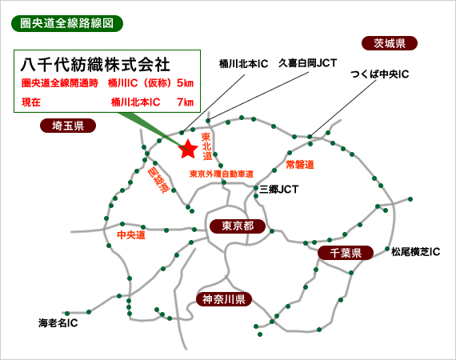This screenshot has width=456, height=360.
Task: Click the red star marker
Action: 188,150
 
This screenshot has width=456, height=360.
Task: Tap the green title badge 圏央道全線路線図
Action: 67,23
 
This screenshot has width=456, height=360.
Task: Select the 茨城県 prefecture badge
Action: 390,44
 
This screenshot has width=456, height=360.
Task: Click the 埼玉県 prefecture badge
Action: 68,126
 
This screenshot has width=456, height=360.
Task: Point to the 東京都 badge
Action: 238,226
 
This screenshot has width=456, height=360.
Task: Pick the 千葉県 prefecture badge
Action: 346,253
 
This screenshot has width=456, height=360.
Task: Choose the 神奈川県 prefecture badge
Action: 224,299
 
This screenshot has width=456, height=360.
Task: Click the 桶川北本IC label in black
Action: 243,64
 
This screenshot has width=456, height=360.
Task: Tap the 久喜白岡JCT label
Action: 308,63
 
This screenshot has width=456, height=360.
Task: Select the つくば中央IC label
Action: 380,74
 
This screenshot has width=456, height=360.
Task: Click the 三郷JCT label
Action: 279,190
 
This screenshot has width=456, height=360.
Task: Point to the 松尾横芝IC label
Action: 415,251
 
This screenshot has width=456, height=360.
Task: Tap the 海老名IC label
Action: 58,322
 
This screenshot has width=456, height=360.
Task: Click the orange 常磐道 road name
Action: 300,165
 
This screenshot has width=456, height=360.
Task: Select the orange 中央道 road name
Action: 131,234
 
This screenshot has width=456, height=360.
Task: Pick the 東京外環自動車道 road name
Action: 222,174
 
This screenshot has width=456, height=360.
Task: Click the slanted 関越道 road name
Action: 158,180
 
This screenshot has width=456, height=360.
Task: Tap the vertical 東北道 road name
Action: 206,146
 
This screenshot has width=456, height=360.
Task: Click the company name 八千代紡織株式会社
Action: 95,65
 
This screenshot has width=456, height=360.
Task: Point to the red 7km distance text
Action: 186,102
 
